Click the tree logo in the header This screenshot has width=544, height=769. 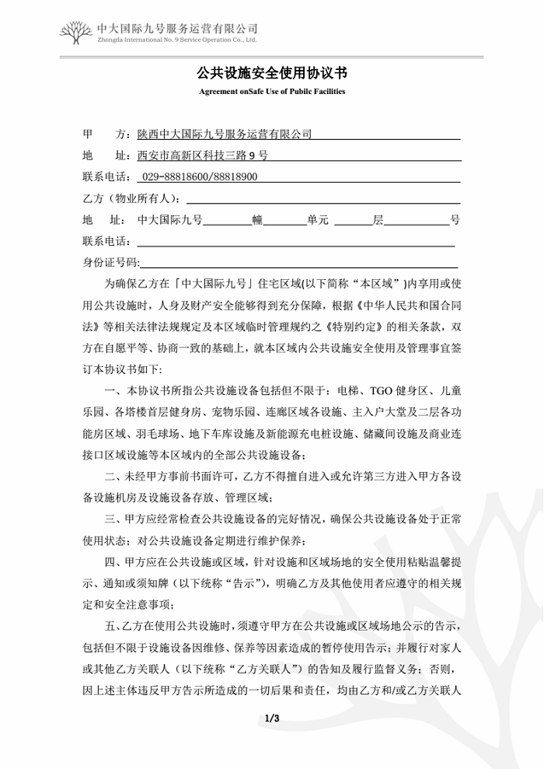pos(76,33)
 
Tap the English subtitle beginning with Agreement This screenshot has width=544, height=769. pos(271,92)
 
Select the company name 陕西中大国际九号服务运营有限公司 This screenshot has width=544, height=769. pos(225,134)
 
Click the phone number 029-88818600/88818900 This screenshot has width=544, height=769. pos(201,177)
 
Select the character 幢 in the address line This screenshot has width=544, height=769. pos(257,221)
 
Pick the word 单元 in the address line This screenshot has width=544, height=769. pos(317,221)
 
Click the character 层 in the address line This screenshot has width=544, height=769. pos(378,221)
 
